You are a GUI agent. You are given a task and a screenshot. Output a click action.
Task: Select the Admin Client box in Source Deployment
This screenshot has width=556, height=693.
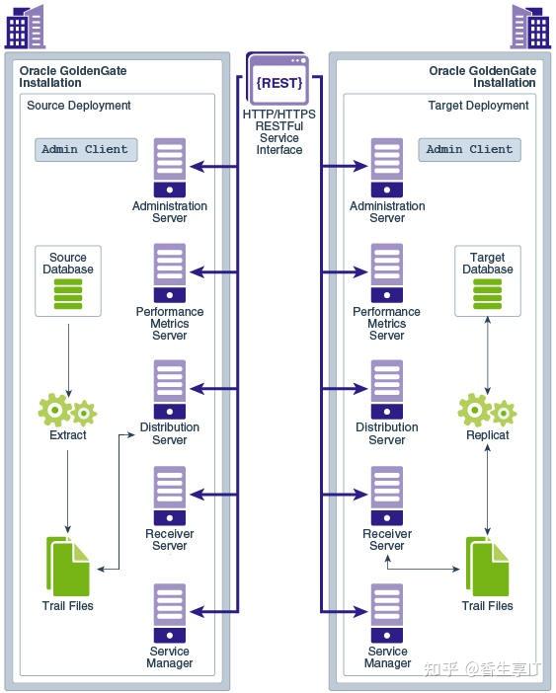[x=85, y=150]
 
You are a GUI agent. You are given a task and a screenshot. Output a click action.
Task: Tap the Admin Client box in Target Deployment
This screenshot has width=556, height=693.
[x=469, y=150]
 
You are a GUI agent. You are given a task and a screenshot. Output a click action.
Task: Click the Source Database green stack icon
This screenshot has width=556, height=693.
[x=68, y=294]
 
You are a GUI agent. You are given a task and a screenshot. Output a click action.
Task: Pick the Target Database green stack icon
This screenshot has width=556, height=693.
[x=488, y=294]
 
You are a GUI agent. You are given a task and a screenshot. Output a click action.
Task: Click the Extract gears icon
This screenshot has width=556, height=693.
[x=67, y=410]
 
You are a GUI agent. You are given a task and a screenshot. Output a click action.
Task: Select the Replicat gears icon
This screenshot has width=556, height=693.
[x=488, y=410]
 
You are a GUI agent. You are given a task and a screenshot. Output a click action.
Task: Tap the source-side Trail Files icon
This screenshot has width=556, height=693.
[x=68, y=568]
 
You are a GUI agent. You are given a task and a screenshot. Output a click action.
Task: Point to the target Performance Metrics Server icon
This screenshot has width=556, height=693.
[x=387, y=273]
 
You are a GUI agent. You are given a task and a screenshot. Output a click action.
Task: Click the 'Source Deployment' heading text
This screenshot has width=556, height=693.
[x=79, y=106]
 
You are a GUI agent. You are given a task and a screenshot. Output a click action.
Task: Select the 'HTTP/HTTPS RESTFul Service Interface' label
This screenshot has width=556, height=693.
[x=279, y=132]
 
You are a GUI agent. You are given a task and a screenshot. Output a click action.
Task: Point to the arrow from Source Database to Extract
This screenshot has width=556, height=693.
[x=68, y=355]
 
